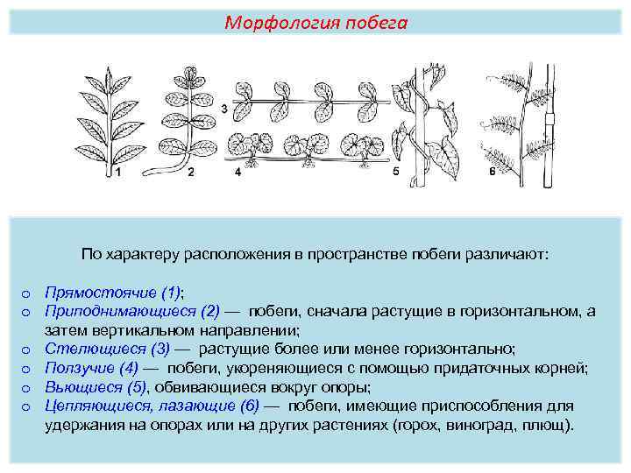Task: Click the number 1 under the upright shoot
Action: click(x=118, y=173)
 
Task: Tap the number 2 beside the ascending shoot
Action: click(x=190, y=173)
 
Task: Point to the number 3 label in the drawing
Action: click(x=224, y=109)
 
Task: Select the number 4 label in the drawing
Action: click(x=238, y=173)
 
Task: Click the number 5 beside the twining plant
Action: click(x=395, y=173)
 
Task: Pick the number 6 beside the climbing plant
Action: click(x=492, y=173)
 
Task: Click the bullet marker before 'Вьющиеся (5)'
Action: click(x=26, y=388)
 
